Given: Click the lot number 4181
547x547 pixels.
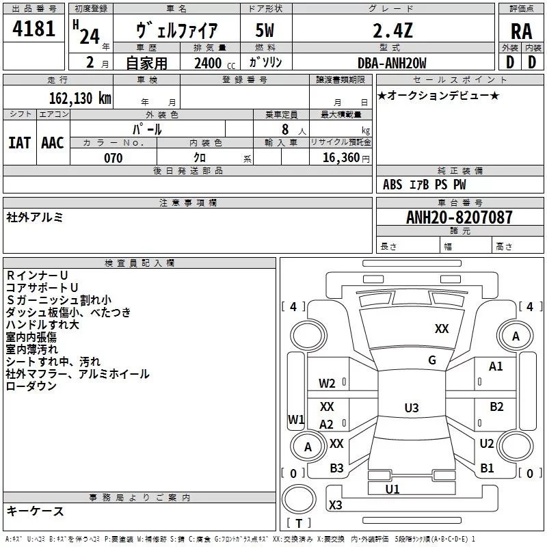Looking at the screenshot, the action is (x=34, y=29).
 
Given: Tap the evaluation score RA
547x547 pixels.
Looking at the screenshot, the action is (x=521, y=31).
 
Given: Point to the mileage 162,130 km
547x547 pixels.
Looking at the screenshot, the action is (x=81, y=98).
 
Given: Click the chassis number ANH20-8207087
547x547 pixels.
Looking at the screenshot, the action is (x=450, y=218).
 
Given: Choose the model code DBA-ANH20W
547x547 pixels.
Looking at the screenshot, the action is (x=392, y=63).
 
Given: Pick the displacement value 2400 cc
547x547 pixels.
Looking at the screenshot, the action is (x=210, y=64).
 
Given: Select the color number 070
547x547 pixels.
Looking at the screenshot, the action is (x=113, y=158).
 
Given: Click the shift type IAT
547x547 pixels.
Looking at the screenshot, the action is (x=19, y=142).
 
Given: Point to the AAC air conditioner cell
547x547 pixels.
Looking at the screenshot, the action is (x=53, y=142).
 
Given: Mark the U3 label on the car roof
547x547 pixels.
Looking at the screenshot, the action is (x=411, y=408).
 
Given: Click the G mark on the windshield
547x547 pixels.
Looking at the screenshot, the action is (x=432, y=360).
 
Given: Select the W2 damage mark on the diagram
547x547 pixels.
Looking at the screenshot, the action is (x=327, y=383).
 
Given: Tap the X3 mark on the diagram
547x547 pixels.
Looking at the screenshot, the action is (x=336, y=505).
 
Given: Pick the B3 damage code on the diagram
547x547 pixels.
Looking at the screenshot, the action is (x=336, y=468).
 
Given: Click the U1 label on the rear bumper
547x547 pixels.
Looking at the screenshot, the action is (x=392, y=489).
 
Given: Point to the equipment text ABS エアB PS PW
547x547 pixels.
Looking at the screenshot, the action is (x=424, y=185).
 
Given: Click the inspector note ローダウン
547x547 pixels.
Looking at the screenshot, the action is (x=31, y=386).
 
